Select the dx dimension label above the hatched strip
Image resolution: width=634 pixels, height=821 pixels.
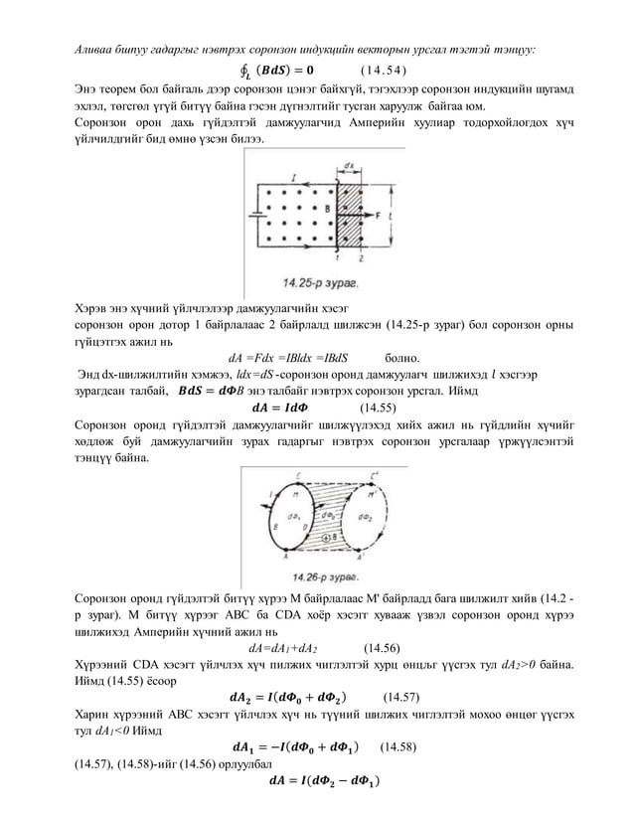[x=348, y=165]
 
